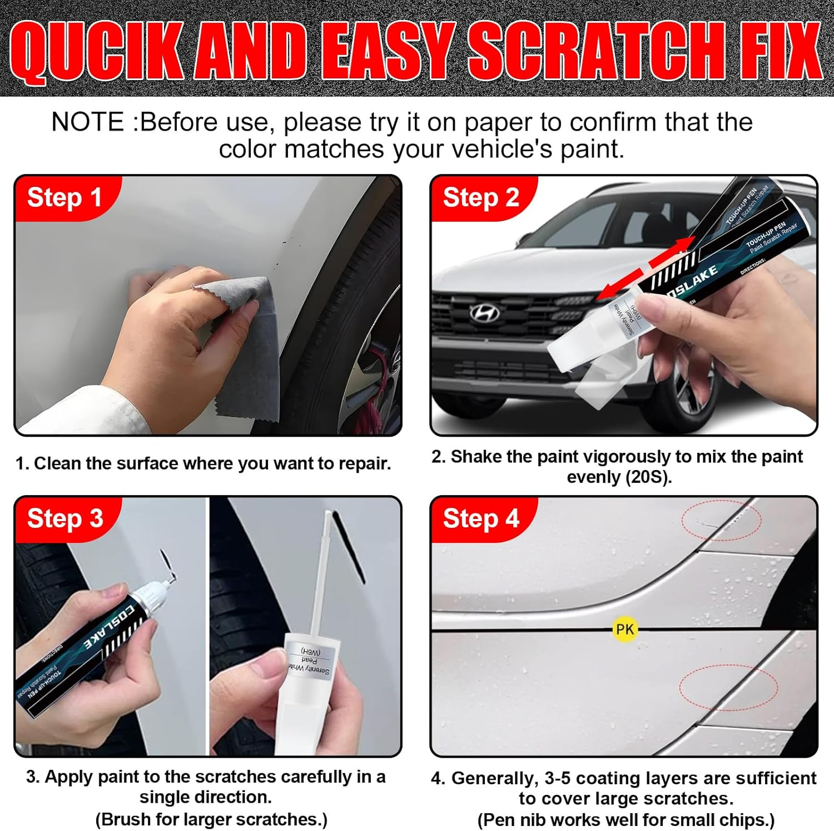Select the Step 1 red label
click(64, 197)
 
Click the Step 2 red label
click(481, 197)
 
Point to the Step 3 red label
click(65, 518)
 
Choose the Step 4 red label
click(481, 518)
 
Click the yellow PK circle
click(624, 629)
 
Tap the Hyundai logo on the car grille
click(485, 313)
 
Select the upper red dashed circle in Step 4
click(721, 520)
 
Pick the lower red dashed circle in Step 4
click(728, 687)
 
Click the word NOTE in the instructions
click(88, 122)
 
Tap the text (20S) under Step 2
click(648, 477)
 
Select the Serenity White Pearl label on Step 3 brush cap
click(309, 661)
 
